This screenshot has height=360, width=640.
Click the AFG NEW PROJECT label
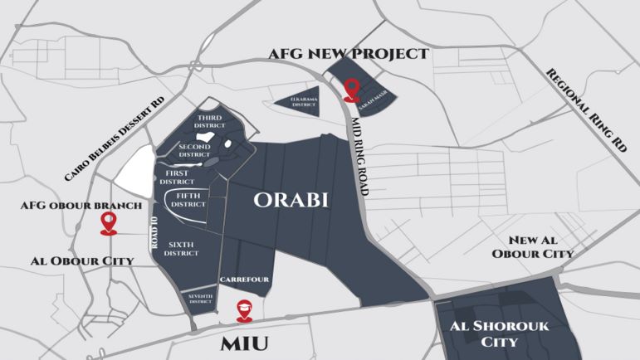348,54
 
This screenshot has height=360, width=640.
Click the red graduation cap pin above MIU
243,309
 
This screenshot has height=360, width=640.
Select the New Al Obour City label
532,245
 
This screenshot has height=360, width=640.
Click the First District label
176,176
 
